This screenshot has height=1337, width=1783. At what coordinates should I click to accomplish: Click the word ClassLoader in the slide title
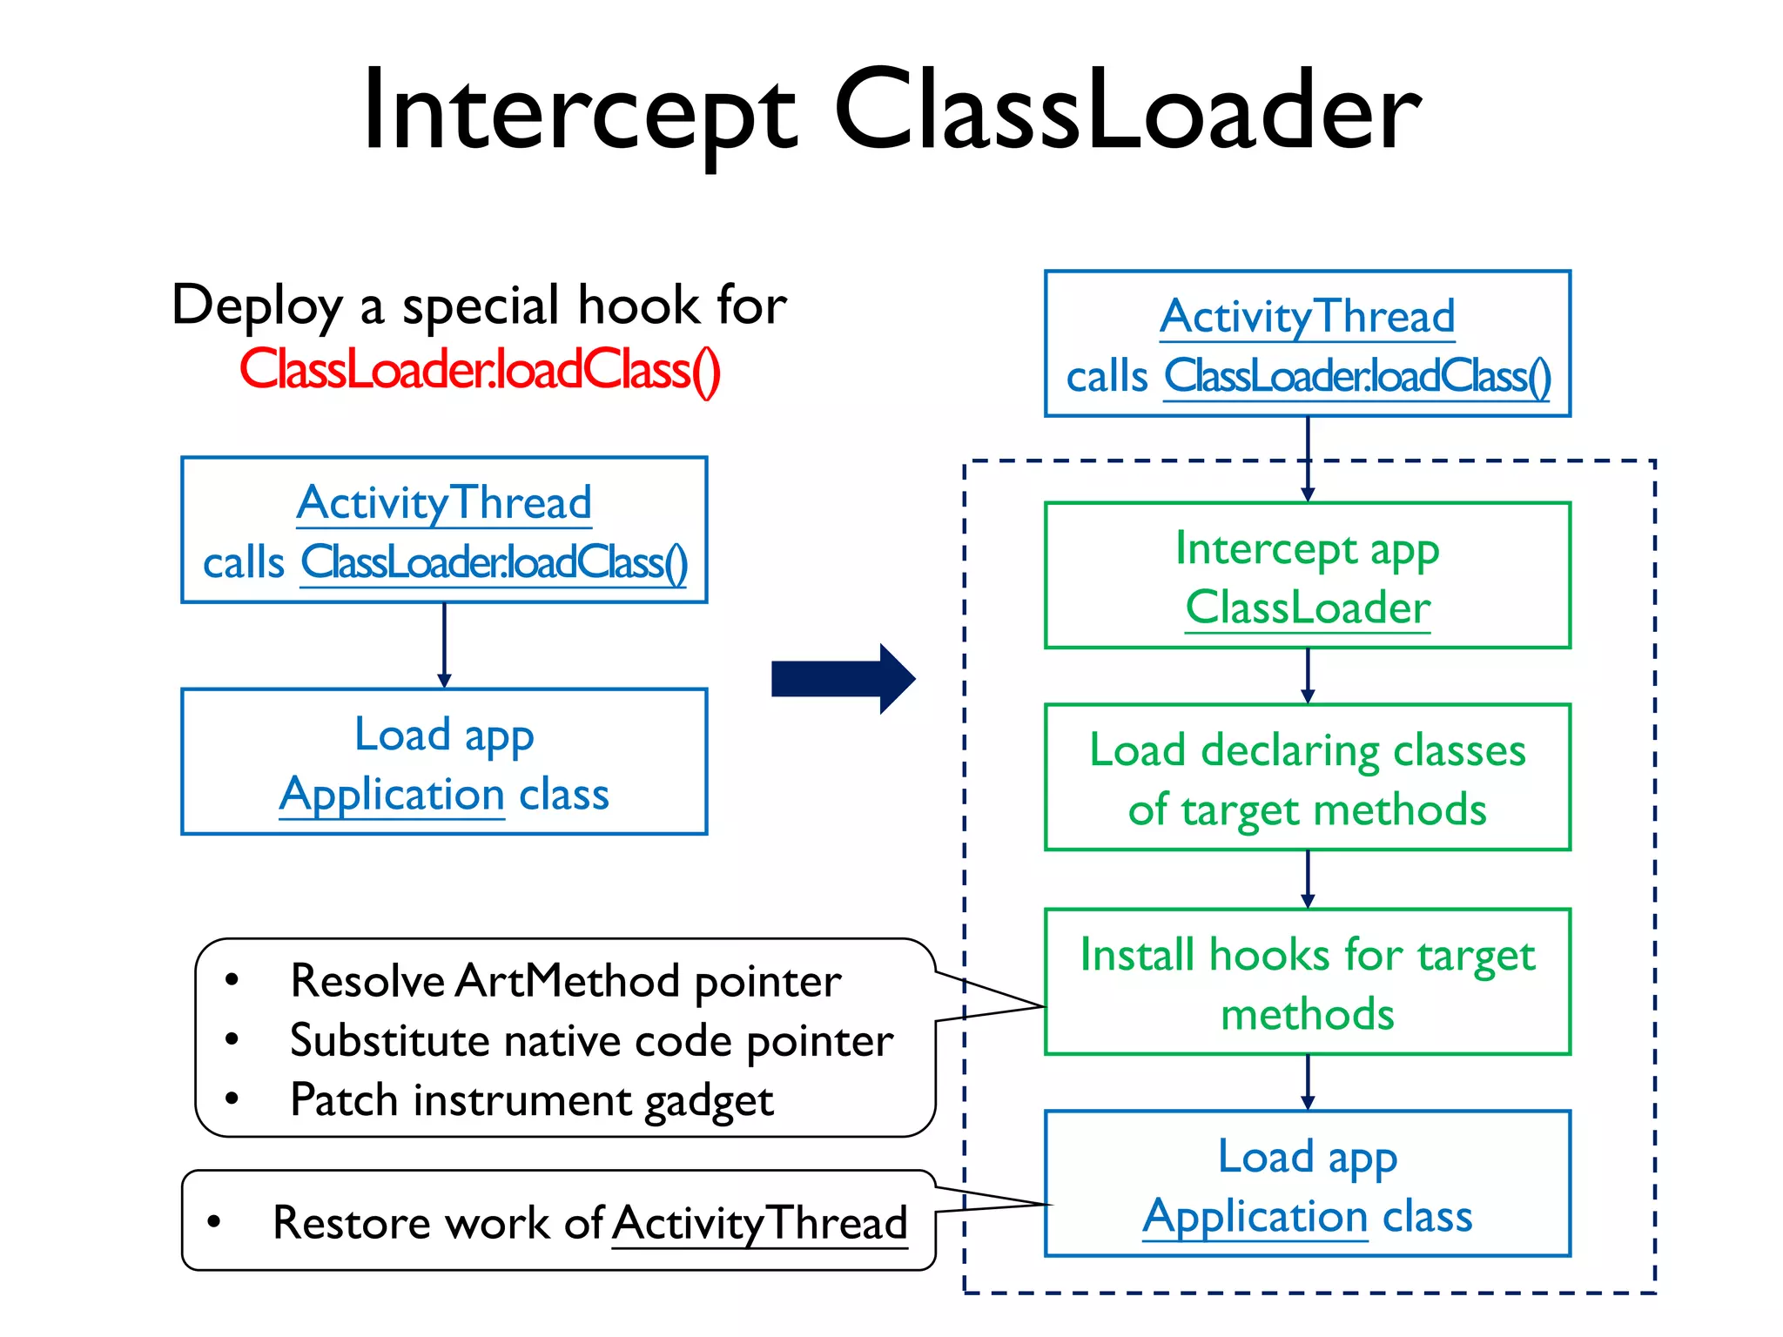pyautogui.click(x=1127, y=111)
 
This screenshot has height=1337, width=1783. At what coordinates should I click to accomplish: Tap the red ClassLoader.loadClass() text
pyautogui.click(x=480, y=370)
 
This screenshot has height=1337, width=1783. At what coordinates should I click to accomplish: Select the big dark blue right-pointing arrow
pyautogui.click(x=843, y=679)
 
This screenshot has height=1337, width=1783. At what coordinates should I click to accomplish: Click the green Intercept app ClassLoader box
pyautogui.click(x=1307, y=575)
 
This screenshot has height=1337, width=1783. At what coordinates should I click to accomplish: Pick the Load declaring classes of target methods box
pyautogui.click(x=1307, y=777)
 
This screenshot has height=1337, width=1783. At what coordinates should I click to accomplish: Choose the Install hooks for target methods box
pyautogui.click(x=1307, y=982)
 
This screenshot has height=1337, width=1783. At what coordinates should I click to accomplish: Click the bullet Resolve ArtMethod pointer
pyautogui.click(x=566, y=981)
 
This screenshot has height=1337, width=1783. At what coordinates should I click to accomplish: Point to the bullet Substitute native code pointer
pyautogui.click(x=591, y=1041)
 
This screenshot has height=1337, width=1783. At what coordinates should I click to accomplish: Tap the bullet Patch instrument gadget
pyautogui.click(x=531, y=1100)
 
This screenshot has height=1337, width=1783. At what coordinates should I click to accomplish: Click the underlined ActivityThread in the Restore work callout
pyautogui.click(x=759, y=1223)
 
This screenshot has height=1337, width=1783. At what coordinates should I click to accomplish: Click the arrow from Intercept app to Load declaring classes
pyautogui.click(x=1307, y=676)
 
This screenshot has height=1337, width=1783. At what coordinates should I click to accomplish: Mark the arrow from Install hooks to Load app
pyautogui.click(x=1307, y=1082)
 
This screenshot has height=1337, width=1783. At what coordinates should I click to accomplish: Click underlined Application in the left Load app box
pyautogui.click(x=392, y=795)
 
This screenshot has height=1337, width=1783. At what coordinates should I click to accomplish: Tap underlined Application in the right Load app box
pyautogui.click(x=1255, y=1216)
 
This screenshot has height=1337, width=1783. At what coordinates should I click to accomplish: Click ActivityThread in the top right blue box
pyautogui.click(x=1307, y=317)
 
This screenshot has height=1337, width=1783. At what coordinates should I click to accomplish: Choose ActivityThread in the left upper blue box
pyautogui.click(x=444, y=503)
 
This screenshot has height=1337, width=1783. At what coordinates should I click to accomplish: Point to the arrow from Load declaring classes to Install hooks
pyautogui.click(x=1307, y=879)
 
